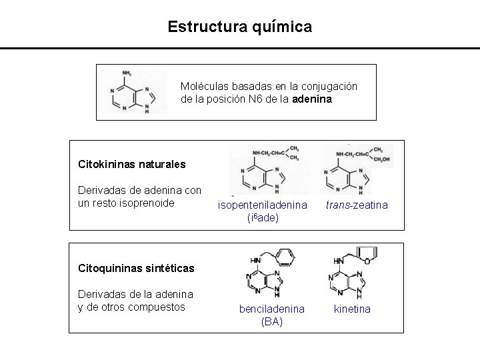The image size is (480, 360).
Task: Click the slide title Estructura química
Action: pyautogui.click(x=239, y=27)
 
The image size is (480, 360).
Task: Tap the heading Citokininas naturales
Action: pyautogui.click(x=132, y=163)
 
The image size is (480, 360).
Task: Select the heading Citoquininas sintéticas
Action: pyautogui.click(x=136, y=269)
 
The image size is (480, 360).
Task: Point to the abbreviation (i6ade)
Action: pyautogui.click(x=262, y=218)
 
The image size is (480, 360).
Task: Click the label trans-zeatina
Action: pyautogui.click(x=357, y=205)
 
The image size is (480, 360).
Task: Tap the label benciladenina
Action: pyautogui.click(x=272, y=309)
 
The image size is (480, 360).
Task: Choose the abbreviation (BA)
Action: pyautogui.click(x=271, y=321)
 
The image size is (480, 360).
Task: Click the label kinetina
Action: pyautogui.click(x=352, y=309)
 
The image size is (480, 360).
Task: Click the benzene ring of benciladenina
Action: pyautogui.click(x=285, y=257)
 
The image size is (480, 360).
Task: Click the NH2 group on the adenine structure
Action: pyautogui.click(x=127, y=73)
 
